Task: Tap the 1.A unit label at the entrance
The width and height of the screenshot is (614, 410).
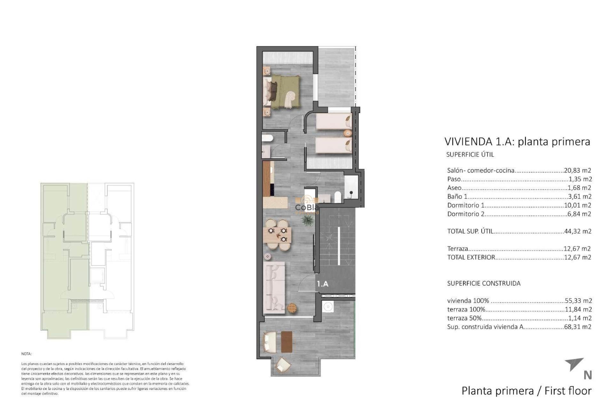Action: pyautogui.click(x=322, y=284)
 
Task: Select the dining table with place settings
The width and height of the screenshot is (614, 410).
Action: pyautogui.click(x=278, y=235)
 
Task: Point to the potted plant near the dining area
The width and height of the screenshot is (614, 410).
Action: pyautogui.click(x=307, y=220)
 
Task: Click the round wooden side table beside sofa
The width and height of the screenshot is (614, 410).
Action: pyautogui.click(x=292, y=308)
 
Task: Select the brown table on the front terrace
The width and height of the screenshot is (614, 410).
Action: pyautogui.click(x=287, y=342)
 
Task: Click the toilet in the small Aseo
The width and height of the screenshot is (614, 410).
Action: pyautogui.click(x=267, y=138)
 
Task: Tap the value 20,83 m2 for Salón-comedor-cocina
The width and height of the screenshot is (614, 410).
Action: pyautogui.click(x=578, y=170)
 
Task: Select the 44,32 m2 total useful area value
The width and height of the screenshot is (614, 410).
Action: pyautogui.click(x=578, y=231)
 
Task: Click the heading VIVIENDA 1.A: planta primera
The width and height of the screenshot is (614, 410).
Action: pyautogui.click(x=517, y=141)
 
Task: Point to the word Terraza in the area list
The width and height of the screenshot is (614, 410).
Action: pyautogui.click(x=458, y=249)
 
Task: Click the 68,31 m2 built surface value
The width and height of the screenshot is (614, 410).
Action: pyautogui.click(x=578, y=327)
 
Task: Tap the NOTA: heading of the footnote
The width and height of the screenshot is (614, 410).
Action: pyautogui.click(x=27, y=354)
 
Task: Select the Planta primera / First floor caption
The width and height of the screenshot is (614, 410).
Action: pyautogui.click(x=526, y=391)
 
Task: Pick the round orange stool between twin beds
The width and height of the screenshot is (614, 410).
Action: pyautogui.click(x=347, y=133)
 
